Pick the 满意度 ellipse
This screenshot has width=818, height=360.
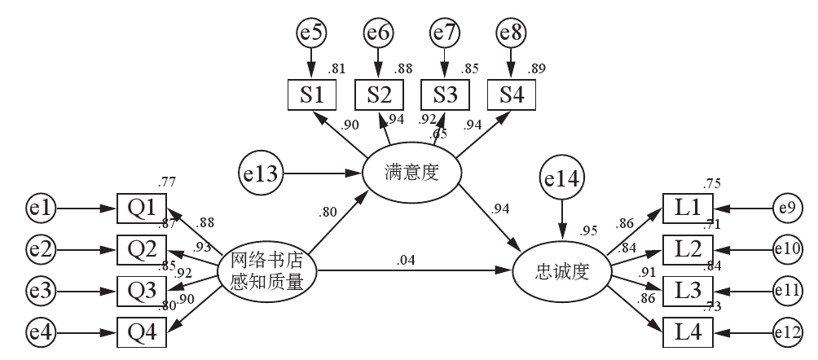click(411, 173)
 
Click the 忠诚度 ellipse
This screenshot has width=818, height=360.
click(561, 270)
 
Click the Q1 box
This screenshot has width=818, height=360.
click(142, 210)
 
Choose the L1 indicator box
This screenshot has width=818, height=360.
click(688, 209)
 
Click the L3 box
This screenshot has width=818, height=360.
click(688, 291)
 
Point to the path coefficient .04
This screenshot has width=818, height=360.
click(405, 260)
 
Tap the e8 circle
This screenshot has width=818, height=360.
click(510, 33)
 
